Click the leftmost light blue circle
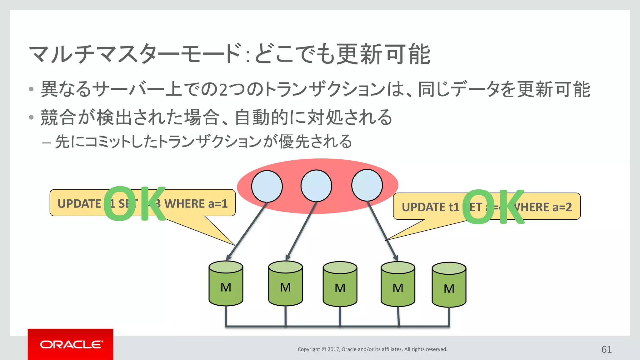point(267,186)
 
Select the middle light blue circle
point(316,186)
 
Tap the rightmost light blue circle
point(367,185)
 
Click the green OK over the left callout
point(134,203)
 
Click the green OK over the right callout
point(493,207)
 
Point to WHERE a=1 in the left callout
point(196,204)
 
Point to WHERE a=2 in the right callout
point(545,207)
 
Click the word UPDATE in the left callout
point(79,204)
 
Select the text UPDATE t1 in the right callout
point(430,207)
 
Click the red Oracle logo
point(71,344)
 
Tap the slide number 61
point(606,349)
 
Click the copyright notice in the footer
point(372,349)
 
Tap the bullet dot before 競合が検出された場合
point(31,117)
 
